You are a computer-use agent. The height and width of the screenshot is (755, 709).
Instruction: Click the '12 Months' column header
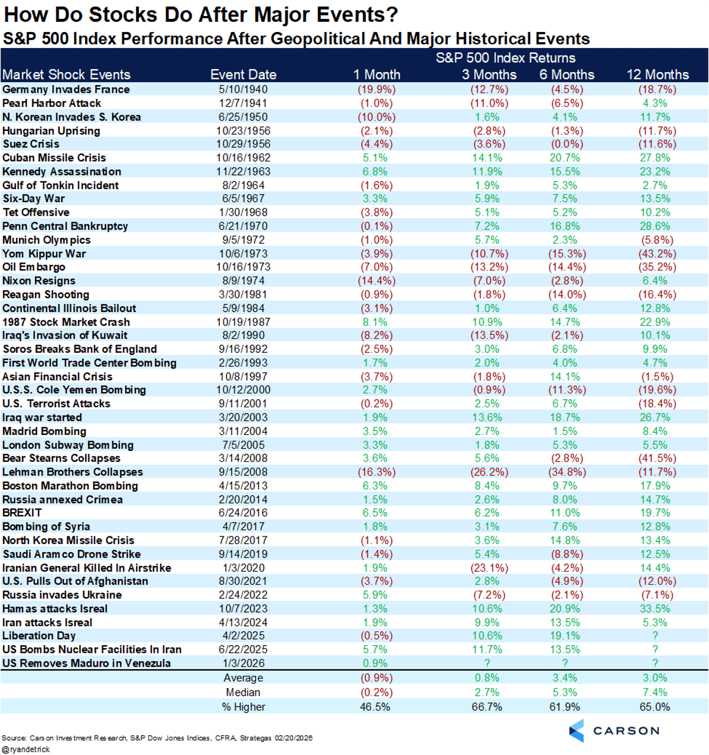[658, 74]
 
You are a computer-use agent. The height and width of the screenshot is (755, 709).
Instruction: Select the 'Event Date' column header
[243, 74]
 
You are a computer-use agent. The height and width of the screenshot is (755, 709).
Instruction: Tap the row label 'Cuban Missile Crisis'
[54, 158]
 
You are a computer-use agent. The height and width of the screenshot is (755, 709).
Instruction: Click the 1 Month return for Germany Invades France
[376, 89]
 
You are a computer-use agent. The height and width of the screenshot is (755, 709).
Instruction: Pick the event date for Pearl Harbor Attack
[243, 103]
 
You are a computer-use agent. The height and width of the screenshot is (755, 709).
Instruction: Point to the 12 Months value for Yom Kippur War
[657, 254]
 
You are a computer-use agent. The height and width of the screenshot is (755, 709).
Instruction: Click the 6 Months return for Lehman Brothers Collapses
[565, 472]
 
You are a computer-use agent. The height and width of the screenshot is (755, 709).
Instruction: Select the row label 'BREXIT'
[22, 513]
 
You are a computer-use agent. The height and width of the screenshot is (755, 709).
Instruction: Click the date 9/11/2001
[243, 404]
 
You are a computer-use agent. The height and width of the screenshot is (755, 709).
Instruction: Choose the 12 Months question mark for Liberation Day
[655, 636]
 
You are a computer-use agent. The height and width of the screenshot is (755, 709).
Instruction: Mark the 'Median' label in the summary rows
[243, 692]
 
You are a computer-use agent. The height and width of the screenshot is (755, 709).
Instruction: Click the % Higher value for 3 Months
[487, 707]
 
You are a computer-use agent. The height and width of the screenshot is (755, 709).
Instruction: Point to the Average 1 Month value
[376, 678]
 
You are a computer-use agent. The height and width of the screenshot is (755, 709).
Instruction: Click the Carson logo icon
[577, 731]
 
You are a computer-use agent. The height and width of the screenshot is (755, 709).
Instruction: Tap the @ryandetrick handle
[26, 749]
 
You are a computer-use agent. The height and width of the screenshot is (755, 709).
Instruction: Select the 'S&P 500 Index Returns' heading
[506, 58]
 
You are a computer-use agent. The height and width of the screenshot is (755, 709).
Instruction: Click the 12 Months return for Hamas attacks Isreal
[655, 608]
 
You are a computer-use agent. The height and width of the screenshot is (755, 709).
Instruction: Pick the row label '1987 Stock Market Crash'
[66, 322]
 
